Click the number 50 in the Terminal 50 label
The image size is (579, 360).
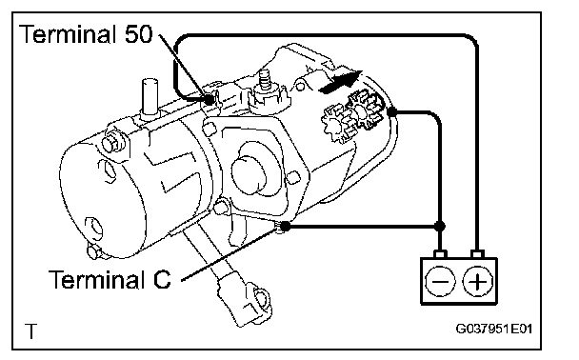138,34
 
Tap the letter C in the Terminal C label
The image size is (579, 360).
161,279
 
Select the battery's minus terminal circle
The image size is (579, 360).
440,281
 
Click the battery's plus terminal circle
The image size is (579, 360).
477,281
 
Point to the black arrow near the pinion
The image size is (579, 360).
341,82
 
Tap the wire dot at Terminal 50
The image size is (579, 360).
209,99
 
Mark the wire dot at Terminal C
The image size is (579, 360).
285,226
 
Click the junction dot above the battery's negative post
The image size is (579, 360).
439,226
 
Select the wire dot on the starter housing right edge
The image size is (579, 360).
392,111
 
